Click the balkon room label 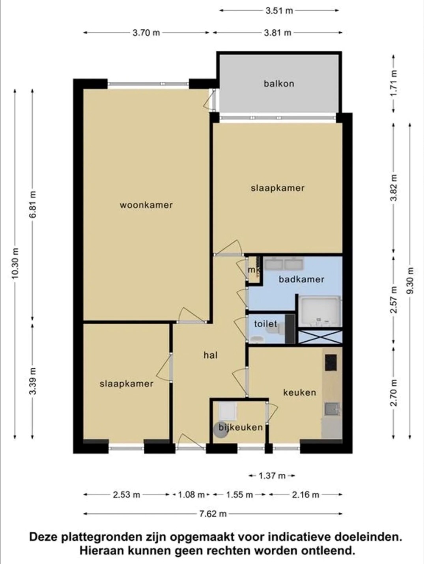pyautogui.click(x=279, y=84)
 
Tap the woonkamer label pyautogui.click(x=146, y=205)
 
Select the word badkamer pyautogui.click(x=301, y=279)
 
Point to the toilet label pyautogui.click(x=265, y=324)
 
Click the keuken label pyautogui.click(x=300, y=392)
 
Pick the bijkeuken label pyautogui.click(x=241, y=427)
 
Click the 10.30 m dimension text pyautogui.click(x=15, y=263)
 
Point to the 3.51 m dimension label pyautogui.click(x=279, y=11)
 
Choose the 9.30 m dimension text pyautogui.click(x=410, y=281)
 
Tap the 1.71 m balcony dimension pyautogui.click(x=394, y=83)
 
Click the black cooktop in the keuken pyautogui.click(x=331, y=362)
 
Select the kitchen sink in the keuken pyautogui.click(x=332, y=409)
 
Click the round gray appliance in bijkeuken pyautogui.click(x=220, y=430)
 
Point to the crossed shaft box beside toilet pyautogui.click(x=320, y=336)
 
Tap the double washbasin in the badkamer pyautogui.click(x=284, y=264)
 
